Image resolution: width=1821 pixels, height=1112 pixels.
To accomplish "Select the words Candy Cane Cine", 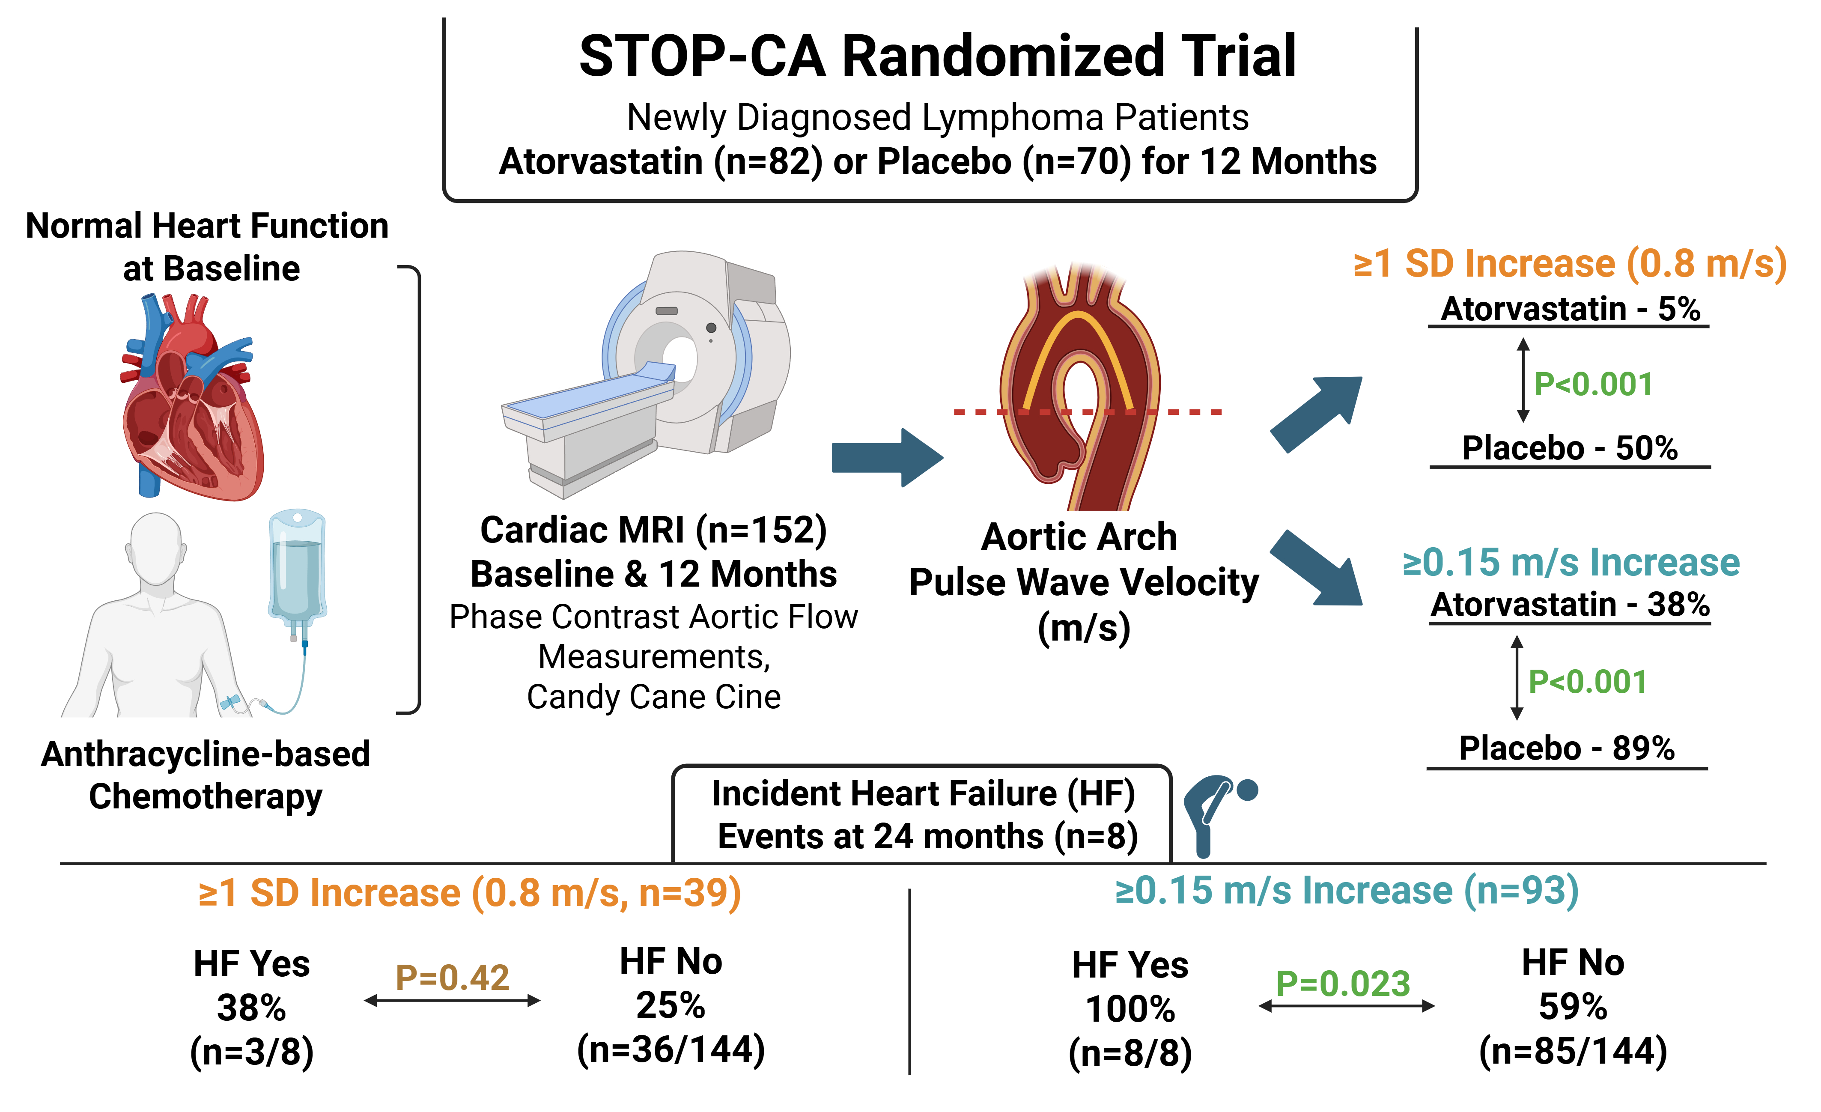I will pos(653,697).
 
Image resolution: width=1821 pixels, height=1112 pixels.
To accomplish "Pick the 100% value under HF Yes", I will pos(1130,1009).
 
